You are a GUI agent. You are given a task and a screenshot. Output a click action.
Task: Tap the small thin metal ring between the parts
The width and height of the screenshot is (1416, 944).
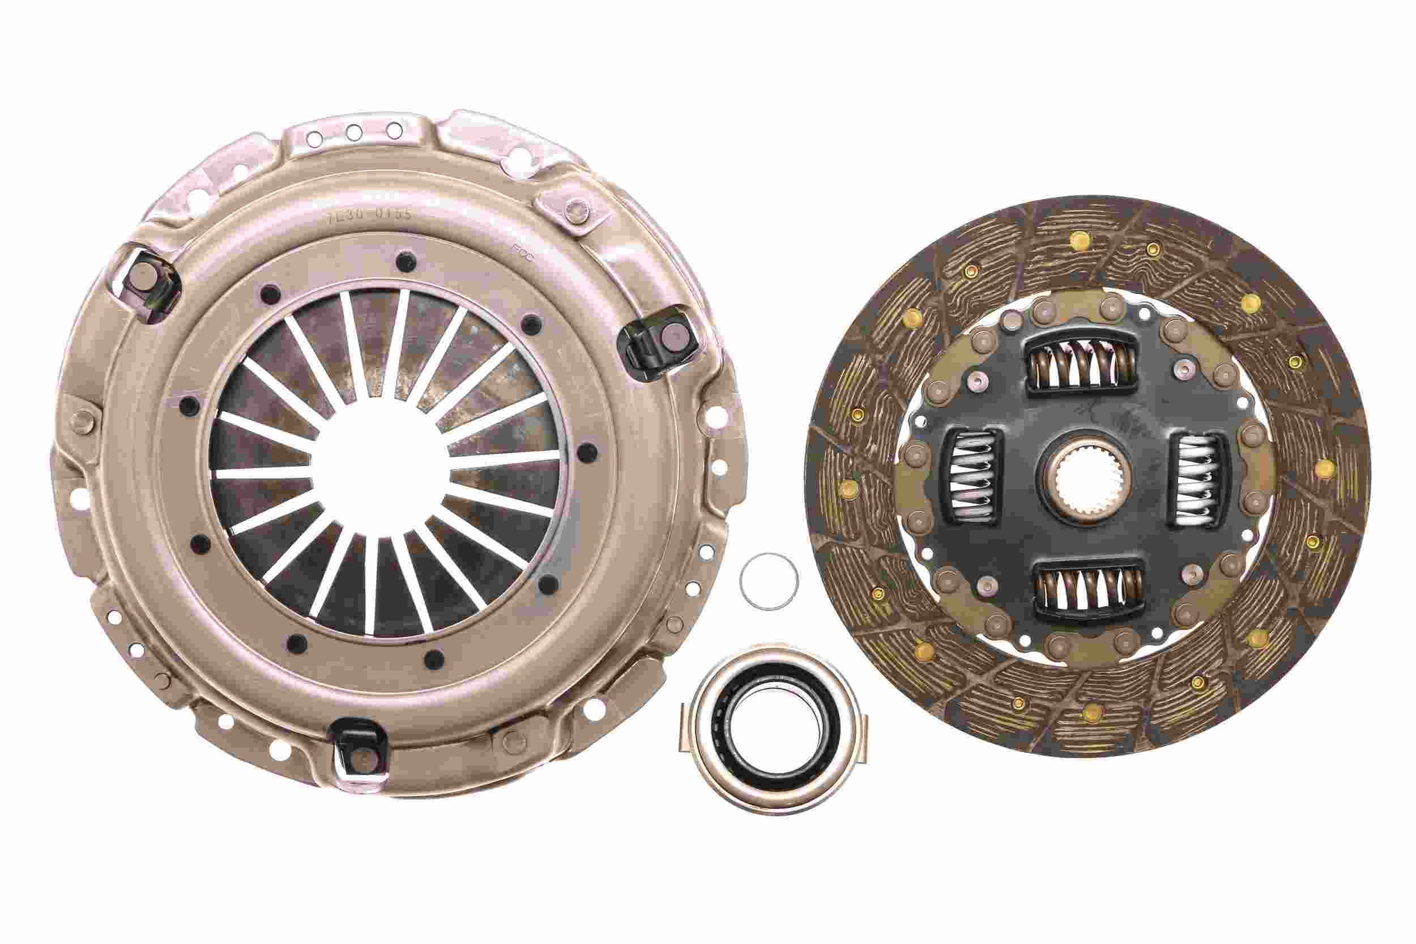tap(769, 582)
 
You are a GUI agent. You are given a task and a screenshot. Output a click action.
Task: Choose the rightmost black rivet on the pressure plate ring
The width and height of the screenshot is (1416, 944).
tap(590, 451)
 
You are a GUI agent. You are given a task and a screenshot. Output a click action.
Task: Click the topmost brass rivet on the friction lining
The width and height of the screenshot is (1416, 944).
tap(1077, 240)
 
